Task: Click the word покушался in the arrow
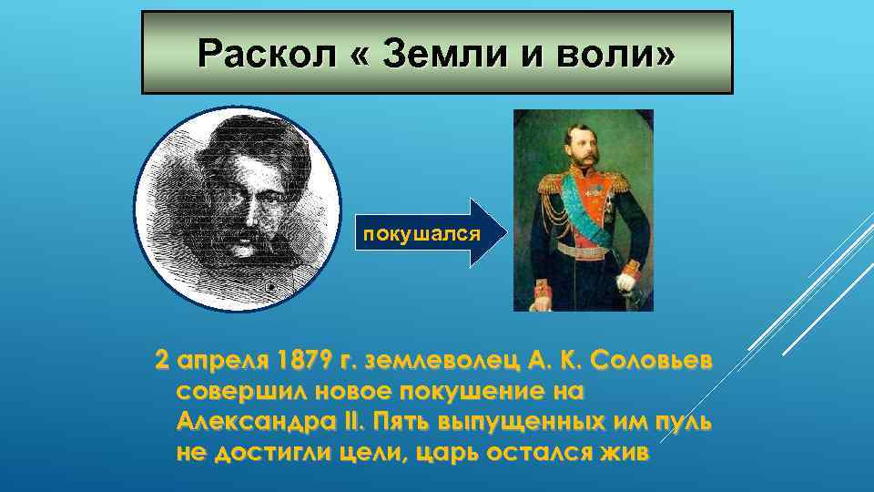tap(422, 233)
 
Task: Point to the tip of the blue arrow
tap(502, 233)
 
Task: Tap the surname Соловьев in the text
tap(652, 362)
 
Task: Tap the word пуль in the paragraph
tap(683, 424)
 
